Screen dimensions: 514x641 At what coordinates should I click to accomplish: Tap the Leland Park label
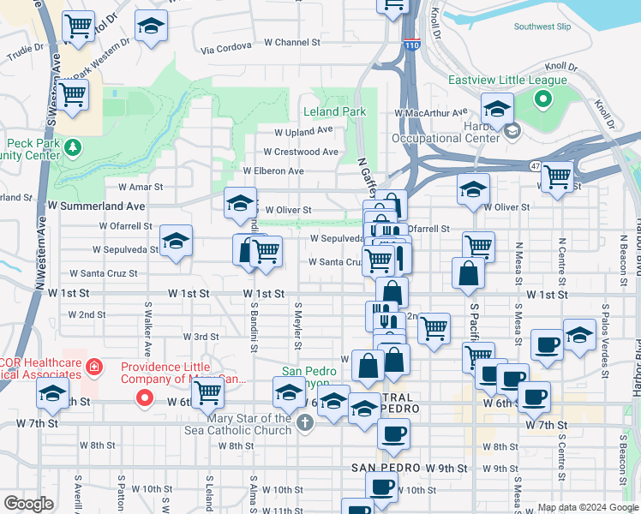pyautogui.click(x=334, y=111)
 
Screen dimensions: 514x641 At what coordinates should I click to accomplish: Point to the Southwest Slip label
pyautogui.click(x=542, y=27)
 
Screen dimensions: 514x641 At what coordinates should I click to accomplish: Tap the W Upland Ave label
pyautogui.click(x=303, y=131)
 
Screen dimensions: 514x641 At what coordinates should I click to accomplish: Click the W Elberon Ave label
pyautogui.click(x=273, y=170)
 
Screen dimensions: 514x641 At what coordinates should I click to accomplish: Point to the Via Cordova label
pyautogui.click(x=222, y=50)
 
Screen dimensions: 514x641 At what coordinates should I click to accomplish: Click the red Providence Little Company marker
pyautogui.click(x=146, y=397)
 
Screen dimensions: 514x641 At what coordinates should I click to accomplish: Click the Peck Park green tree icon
pyautogui.click(x=74, y=147)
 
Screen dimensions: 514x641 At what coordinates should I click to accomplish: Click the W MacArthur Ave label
pyautogui.click(x=431, y=112)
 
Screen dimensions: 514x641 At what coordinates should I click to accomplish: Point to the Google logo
pyautogui.click(x=28, y=504)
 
